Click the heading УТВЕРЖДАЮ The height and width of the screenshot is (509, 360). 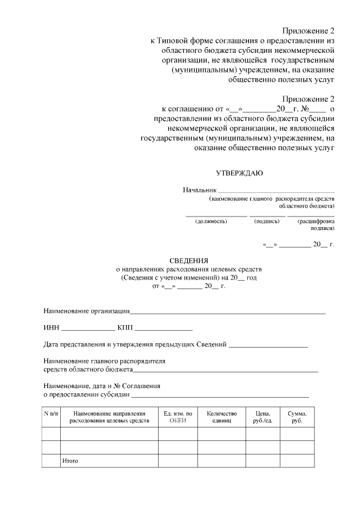239,173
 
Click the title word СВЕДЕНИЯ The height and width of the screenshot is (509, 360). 189,260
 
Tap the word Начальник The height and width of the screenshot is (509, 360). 200,190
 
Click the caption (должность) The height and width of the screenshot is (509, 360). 211,221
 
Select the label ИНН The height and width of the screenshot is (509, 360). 51,327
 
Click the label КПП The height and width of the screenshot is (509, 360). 125,327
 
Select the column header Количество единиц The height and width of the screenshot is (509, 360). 222,417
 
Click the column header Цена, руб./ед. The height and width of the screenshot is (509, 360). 263,417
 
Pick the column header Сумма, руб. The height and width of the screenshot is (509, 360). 297,417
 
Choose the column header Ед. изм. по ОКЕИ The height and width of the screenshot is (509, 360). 178,417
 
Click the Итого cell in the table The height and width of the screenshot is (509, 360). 70,461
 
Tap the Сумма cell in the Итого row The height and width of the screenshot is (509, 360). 297,461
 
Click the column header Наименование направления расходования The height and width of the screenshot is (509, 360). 109,417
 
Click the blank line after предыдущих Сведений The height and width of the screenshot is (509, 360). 268,344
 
